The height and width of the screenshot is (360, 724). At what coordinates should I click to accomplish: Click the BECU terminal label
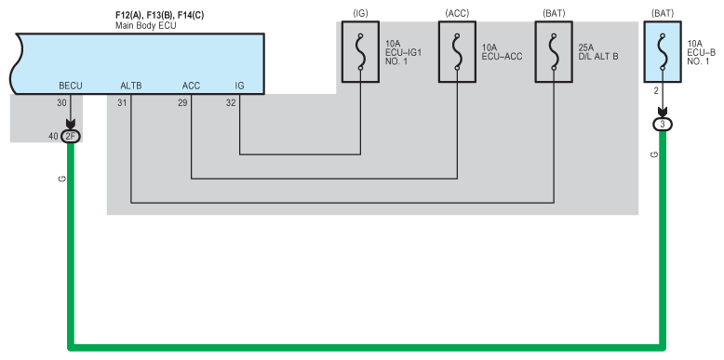click(x=71, y=86)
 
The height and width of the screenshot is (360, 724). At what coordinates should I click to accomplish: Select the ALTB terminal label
click(x=131, y=86)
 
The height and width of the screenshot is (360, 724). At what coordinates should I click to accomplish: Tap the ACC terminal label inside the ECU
click(x=191, y=86)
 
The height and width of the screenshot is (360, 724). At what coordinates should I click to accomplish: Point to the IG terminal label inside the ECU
click(x=240, y=86)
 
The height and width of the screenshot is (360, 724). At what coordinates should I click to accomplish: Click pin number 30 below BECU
click(x=61, y=103)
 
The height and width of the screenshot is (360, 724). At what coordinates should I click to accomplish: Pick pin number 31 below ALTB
click(x=122, y=103)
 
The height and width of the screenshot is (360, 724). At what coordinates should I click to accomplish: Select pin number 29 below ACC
click(x=182, y=103)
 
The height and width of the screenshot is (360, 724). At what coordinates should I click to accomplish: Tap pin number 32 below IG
click(x=231, y=103)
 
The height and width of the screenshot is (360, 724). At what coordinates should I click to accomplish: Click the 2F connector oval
click(x=71, y=136)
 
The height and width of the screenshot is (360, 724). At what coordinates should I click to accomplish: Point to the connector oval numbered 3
click(x=663, y=125)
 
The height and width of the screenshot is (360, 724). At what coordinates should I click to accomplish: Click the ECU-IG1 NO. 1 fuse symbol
click(x=361, y=52)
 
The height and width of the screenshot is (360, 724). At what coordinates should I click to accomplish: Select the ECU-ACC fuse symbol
click(x=457, y=52)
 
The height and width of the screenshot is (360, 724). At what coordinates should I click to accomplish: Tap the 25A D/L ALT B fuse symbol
click(x=554, y=52)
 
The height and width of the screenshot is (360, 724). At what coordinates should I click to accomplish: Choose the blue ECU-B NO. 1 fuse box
click(x=663, y=52)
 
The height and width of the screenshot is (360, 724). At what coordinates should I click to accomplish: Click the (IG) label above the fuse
click(x=361, y=14)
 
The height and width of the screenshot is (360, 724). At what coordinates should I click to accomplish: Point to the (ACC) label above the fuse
click(x=457, y=14)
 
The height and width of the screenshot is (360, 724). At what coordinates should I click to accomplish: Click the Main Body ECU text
click(x=145, y=26)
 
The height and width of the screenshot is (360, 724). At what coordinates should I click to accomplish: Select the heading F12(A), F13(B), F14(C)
click(x=159, y=15)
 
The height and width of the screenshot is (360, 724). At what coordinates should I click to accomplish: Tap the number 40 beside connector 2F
click(x=54, y=136)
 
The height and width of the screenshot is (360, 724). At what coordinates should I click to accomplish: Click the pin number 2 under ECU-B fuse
click(x=656, y=91)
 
